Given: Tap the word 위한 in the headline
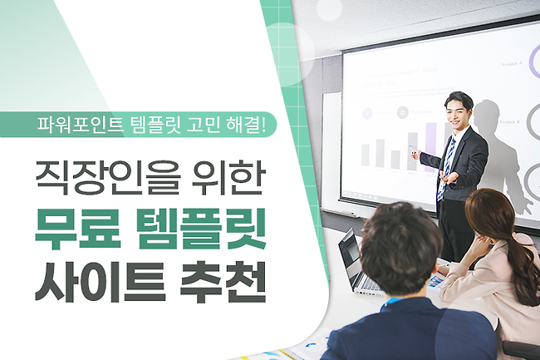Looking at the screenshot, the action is point(228,177).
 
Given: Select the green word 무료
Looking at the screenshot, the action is point(78,229).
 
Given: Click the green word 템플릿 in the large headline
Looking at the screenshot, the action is point(201,229).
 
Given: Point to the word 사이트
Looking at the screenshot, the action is point(101,282).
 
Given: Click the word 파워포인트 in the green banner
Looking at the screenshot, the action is point(81,125).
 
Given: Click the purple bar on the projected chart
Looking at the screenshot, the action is point(430,147).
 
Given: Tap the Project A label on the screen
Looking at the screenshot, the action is point(512,64).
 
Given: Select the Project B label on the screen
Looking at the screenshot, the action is point(509,122).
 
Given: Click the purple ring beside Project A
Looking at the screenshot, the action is point(531,62).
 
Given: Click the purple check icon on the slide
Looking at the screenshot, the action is point(367,112).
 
